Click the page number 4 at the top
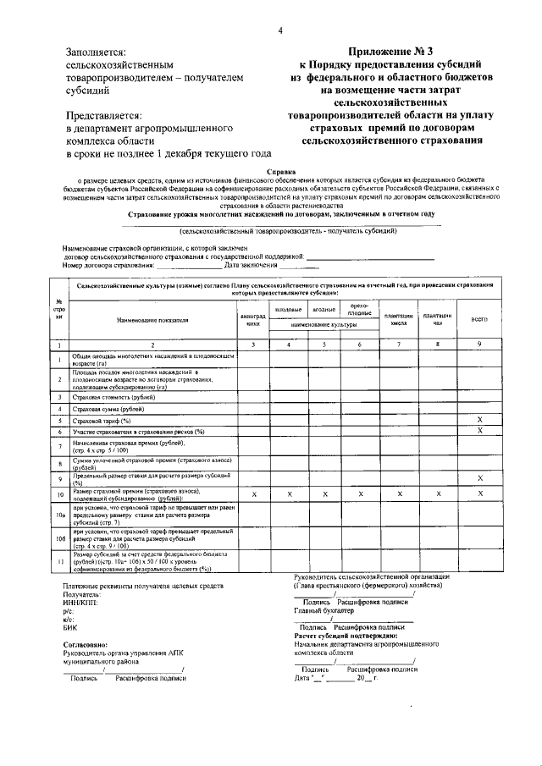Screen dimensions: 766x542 pyautogui.click(x=279, y=32)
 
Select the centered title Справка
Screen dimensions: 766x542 pyautogui.click(x=279, y=172)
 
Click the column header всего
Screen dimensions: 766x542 pyautogui.click(x=479, y=320)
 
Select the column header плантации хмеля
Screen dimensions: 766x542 pyautogui.click(x=397, y=320)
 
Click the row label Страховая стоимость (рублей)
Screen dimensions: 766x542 pyautogui.click(x=114, y=396)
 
